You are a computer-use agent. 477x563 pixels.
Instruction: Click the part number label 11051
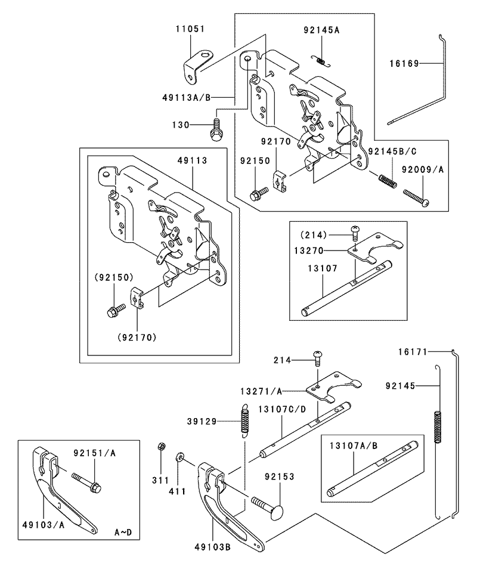click(190, 29)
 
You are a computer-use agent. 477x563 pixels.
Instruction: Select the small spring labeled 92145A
click(321, 61)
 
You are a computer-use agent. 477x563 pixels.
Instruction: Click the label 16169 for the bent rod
click(404, 64)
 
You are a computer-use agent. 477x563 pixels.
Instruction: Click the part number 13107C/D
click(282, 409)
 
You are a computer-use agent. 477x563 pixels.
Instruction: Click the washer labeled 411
click(179, 458)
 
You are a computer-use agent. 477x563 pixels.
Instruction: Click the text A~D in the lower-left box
click(123, 532)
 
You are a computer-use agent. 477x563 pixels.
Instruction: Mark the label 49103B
click(212, 547)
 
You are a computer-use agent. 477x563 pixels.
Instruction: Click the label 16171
click(413, 352)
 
